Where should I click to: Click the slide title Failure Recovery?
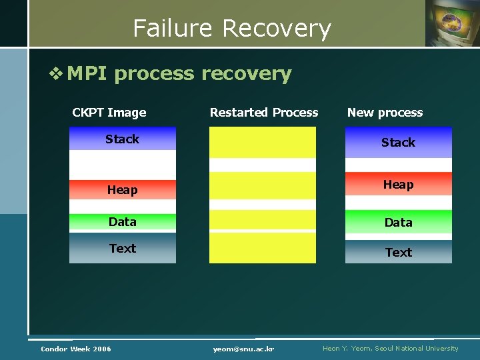coord(231,29)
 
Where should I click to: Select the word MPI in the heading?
coord(87,73)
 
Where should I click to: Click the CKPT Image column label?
coord(109,113)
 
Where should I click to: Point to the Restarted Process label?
coord(264,113)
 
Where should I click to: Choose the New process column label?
coord(385,113)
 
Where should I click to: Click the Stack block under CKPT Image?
coord(123,139)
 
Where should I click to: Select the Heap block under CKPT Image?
coord(123,190)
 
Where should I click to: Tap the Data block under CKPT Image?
coord(123,222)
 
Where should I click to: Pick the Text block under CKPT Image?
coord(123,249)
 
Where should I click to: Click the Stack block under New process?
coord(398,142)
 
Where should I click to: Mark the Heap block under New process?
coord(398,185)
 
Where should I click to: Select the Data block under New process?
coord(398,223)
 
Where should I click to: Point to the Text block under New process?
coord(398,252)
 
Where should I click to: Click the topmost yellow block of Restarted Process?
coord(263,142)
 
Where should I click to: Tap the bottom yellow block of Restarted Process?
coord(263,248)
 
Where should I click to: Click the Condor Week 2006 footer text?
coord(76,349)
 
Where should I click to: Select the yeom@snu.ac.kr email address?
coord(244,349)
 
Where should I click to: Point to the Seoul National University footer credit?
coord(390,349)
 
